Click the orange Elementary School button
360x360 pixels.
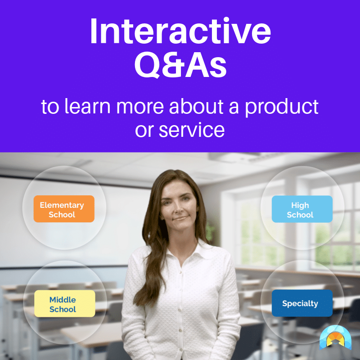[x=63, y=209]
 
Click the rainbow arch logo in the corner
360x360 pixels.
[x=335, y=337]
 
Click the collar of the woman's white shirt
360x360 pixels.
[x=180, y=250]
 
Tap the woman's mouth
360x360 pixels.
[x=179, y=218]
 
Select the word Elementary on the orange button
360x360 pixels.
[x=62, y=205]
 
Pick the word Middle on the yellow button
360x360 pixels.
[x=63, y=300]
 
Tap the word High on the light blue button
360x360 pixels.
[x=300, y=205]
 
